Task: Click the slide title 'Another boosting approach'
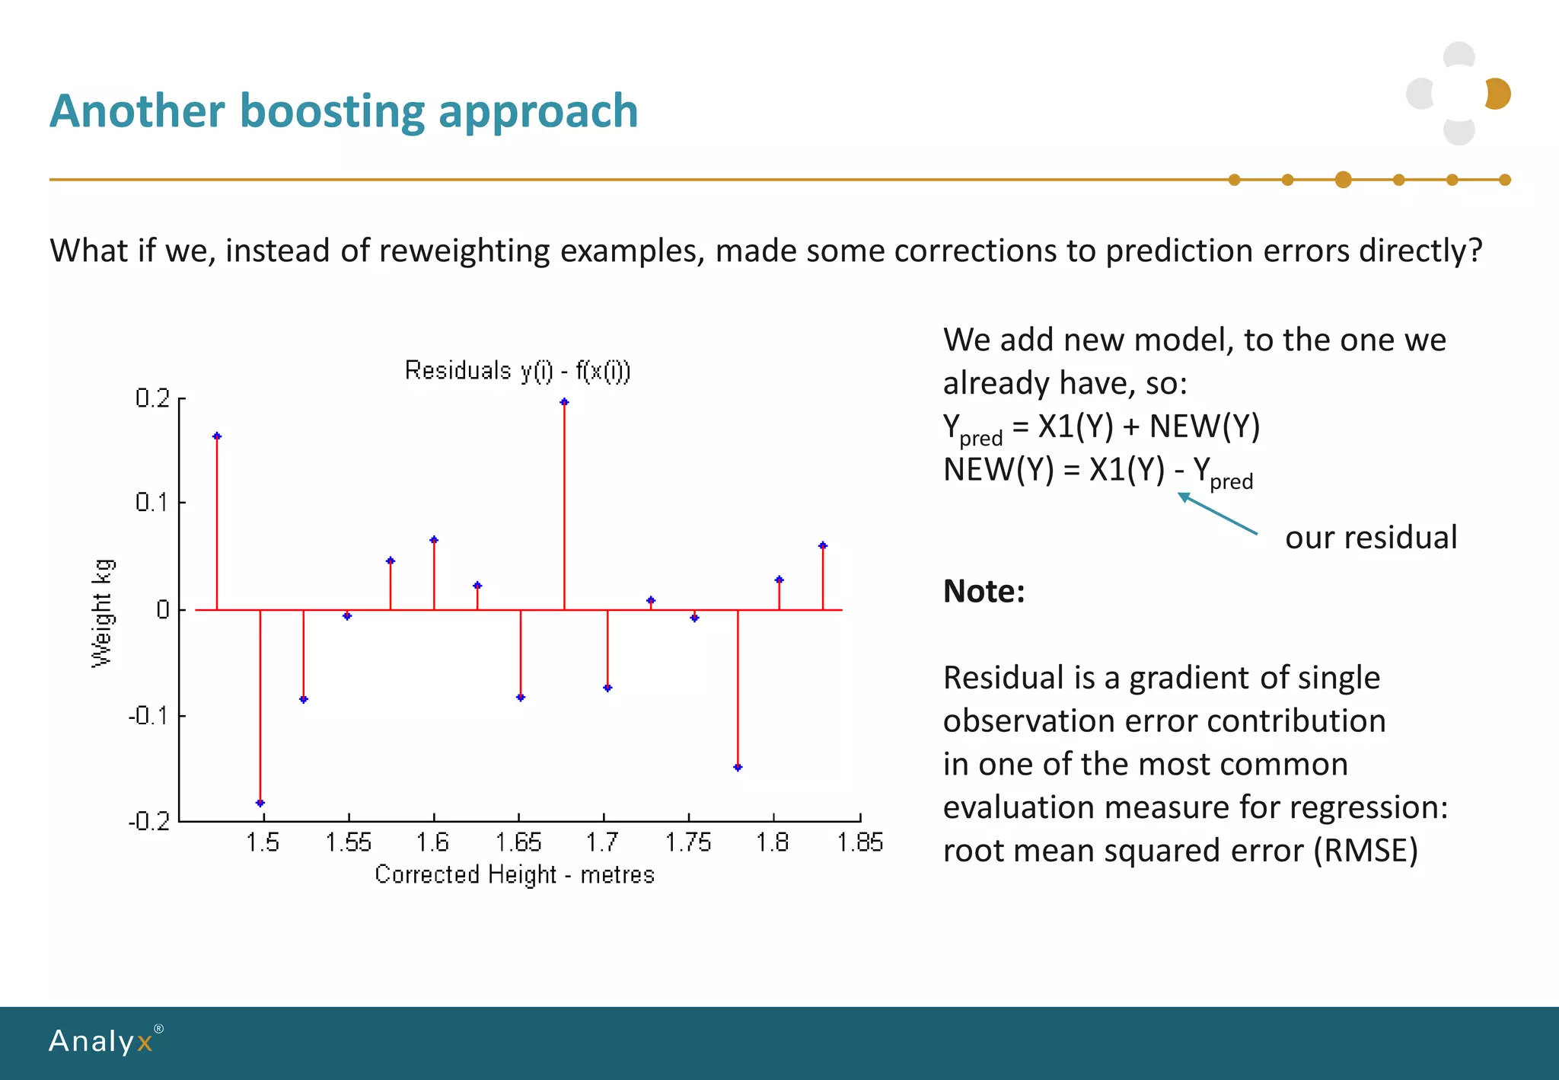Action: (x=343, y=111)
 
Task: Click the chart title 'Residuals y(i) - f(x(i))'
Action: (x=517, y=371)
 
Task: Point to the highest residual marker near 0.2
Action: (x=564, y=402)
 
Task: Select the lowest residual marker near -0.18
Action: (x=260, y=803)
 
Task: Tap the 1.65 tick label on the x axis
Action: (x=518, y=842)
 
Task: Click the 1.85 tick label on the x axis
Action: (x=859, y=842)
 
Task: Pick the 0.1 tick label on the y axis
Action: (x=152, y=503)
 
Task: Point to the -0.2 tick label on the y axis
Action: (x=149, y=821)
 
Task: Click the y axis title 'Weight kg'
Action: (x=102, y=613)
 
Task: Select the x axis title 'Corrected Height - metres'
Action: (x=515, y=874)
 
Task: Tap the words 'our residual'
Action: (x=1370, y=538)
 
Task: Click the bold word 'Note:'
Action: (x=984, y=591)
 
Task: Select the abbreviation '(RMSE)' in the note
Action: (x=1366, y=851)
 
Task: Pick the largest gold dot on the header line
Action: (x=1343, y=180)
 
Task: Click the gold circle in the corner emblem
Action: (x=1498, y=94)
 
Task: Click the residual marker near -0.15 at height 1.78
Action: (x=738, y=767)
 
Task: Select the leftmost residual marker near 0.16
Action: (x=217, y=436)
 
